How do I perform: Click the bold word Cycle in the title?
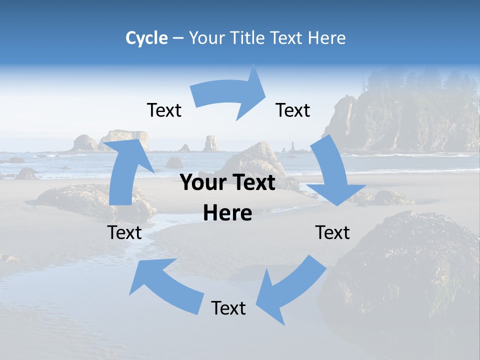tap(146, 38)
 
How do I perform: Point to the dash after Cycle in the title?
tap(177, 38)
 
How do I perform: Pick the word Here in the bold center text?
tap(227, 213)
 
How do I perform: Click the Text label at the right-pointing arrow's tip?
tap(293, 110)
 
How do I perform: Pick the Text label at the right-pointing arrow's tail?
tap(164, 110)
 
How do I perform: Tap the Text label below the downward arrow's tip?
tap(332, 232)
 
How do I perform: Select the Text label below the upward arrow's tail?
tap(124, 232)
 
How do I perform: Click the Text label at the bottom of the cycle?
tap(228, 308)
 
